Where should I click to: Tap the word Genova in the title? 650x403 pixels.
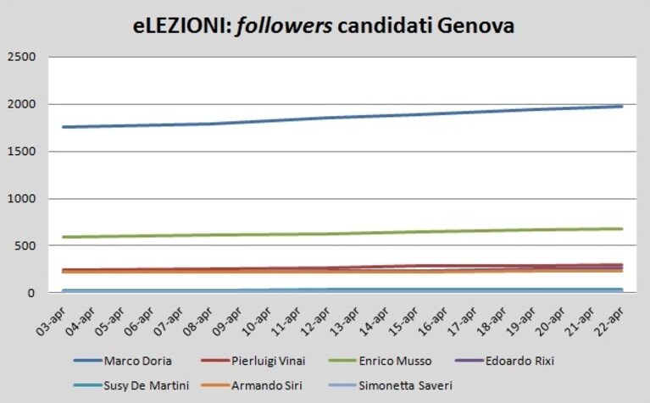point(476,25)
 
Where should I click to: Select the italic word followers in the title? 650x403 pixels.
point(284,26)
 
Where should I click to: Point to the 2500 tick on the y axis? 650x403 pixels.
point(21,57)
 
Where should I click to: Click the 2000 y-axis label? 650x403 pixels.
point(21,104)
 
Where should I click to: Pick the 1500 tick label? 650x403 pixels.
point(21,152)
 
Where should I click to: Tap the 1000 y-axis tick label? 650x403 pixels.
point(21,198)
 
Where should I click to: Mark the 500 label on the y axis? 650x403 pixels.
point(25,246)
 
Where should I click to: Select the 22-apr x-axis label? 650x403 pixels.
point(608,323)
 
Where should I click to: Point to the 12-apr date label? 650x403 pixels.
point(316,323)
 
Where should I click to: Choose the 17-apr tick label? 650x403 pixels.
point(462,323)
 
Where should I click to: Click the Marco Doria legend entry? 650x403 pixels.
point(123,361)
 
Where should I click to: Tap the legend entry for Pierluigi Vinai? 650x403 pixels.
point(253,361)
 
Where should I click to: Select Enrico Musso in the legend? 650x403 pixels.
point(381,361)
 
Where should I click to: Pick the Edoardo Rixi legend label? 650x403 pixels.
point(504,361)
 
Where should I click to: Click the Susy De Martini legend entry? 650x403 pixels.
point(131,385)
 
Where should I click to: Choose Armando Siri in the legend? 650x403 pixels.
point(252,385)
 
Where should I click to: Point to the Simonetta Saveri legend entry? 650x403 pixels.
point(391,385)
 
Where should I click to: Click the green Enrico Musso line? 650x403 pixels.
point(342,234)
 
